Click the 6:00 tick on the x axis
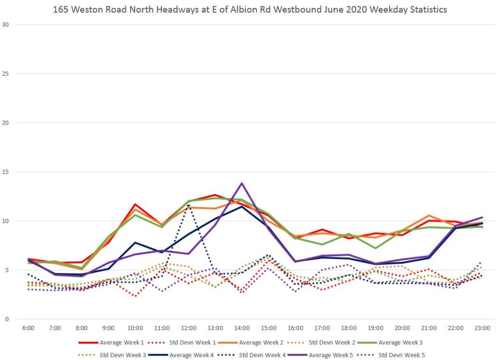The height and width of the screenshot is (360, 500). [x=28, y=328]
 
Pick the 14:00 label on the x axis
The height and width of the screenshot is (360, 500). [x=242, y=328]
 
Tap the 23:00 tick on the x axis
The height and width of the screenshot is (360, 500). [x=482, y=328]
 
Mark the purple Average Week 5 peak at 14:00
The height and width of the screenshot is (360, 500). [x=242, y=183]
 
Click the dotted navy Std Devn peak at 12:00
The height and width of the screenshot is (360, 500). [x=188, y=205]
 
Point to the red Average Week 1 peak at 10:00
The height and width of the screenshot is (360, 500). [x=135, y=204]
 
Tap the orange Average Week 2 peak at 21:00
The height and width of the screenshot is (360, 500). [x=429, y=215]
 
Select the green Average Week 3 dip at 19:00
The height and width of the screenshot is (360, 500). [x=375, y=248]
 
